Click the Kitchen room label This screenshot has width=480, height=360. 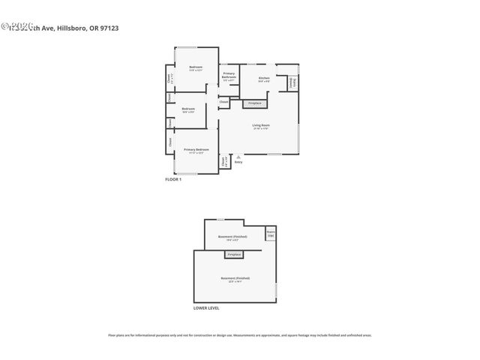[x=264, y=79]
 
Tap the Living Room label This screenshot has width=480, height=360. [x=260, y=126]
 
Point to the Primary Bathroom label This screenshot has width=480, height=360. [x=229, y=75]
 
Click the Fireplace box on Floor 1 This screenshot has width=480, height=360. [x=254, y=103]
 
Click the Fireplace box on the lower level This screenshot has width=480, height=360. [x=234, y=255]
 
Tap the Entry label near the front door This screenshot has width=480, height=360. [x=238, y=162]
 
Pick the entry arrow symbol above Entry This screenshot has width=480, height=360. [x=238, y=156]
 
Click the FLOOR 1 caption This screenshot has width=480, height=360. [x=173, y=180]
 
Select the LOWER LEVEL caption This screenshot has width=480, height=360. [x=205, y=308]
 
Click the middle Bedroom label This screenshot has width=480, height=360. [x=188, y=110]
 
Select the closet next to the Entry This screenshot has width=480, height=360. [x=223, y=160]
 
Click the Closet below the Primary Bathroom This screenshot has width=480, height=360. [x=224, y=101]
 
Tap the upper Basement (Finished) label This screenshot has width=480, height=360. [x=232, y=238]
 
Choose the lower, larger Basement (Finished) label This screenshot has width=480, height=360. [x=235, y=279]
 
